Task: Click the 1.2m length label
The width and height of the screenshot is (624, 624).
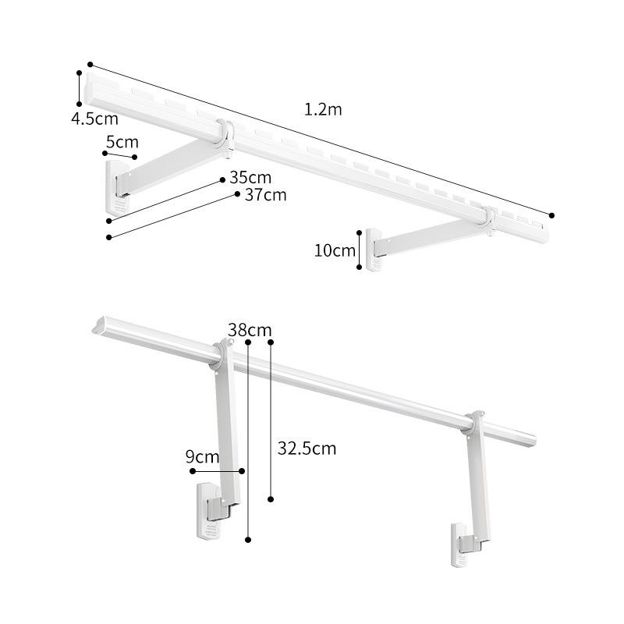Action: tap(323, 110)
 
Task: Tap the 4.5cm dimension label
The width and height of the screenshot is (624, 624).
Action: tap(94, 119)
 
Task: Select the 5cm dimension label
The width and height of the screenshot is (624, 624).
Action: tap(122, 142)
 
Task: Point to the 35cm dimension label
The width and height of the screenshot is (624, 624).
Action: tap(250, 178)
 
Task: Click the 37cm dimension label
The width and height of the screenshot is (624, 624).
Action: tap(265, 195)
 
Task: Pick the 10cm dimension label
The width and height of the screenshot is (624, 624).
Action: tap(335, 250)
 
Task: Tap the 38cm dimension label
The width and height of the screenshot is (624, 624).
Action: tap(250, 330)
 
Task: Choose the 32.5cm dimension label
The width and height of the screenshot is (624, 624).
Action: tap(307, 448)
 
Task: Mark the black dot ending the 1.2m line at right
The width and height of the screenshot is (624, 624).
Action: tap(552, 214)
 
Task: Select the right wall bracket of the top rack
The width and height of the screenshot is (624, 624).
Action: tap(373, 250)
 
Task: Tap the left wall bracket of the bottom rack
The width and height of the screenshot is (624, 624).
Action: tap(208, 512)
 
